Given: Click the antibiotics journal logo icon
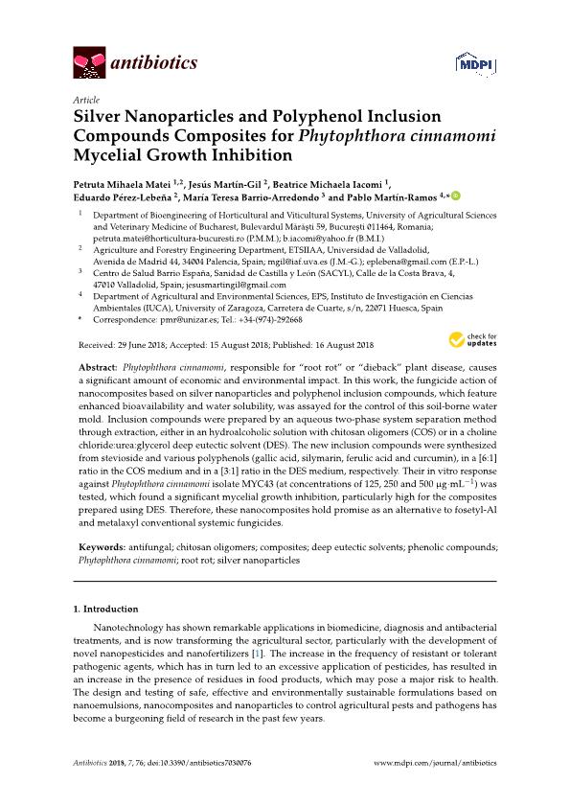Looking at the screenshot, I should [89, 64].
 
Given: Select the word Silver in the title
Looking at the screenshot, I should [100, 117].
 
